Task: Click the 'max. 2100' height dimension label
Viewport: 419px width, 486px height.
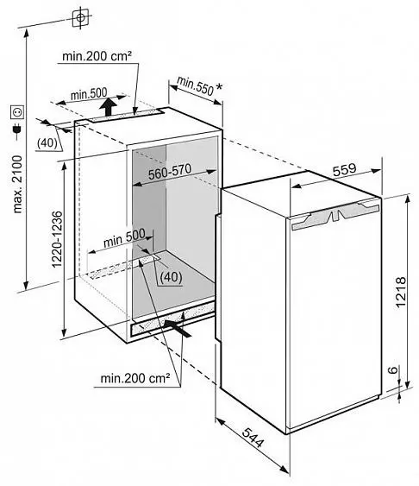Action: click(x=17, y=184)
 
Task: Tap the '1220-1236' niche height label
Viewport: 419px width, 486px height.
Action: click(x=57, y=239)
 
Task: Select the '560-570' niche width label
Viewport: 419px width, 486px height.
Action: click(x=170, y=172)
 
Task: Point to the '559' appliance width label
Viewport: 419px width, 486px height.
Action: click(x=345, y=170)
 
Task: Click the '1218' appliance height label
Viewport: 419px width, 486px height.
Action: click(x=401, y=292)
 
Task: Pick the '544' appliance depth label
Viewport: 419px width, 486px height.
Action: click(x=253, y=438)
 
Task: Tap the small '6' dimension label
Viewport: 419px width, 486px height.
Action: click(x=392, y=369)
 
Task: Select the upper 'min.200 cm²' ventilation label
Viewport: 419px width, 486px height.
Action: click(x=97, y=56)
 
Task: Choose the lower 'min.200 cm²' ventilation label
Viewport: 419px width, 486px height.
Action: click(x=135, y=378)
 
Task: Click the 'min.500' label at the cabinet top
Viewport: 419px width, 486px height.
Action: click(x=89, y=93)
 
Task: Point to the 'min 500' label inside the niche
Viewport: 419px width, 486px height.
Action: click(x=124, y=237)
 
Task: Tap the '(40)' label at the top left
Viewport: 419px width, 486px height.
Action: click(x=47, y=143)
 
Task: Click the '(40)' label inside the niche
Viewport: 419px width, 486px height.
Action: click(x=171, y=277)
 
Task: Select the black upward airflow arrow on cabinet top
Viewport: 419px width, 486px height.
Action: click(x=109, y=107)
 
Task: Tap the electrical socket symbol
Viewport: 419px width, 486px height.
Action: click(x=17, y=112)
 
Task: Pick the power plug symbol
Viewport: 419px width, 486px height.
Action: click(x=17, y=130)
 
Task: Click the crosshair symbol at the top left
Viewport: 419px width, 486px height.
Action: click(x=80, y=17)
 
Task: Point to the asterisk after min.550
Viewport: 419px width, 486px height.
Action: click(x=219, y=87)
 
